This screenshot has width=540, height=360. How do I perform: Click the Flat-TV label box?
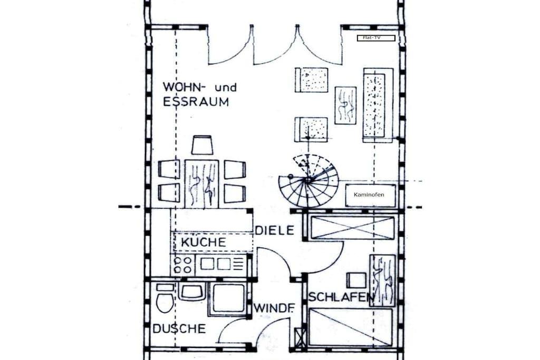tap(375, 38)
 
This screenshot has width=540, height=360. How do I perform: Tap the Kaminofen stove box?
tap(370, 195)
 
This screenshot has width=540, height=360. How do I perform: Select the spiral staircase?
tap(308, 181)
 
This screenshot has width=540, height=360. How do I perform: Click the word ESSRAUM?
tap(196, 102)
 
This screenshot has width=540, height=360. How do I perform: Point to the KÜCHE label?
tap(204, 242)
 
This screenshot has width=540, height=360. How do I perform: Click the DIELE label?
tap(275, 230)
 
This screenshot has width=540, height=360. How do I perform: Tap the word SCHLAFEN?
tap(342, 297)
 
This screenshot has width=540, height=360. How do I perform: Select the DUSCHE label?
tap(179, 329)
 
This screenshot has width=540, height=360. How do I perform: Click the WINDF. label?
tap(274, 308)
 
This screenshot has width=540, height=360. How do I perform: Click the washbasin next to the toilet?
tap(192, 292)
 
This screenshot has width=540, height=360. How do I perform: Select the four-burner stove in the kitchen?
tap(182, 265)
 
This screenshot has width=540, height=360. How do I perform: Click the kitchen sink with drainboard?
tap(221, 264)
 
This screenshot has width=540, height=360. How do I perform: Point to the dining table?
tap(202, 183)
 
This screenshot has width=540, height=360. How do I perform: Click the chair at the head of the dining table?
tap(202, 145)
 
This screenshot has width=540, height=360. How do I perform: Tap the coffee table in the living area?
tap(345, 105)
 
